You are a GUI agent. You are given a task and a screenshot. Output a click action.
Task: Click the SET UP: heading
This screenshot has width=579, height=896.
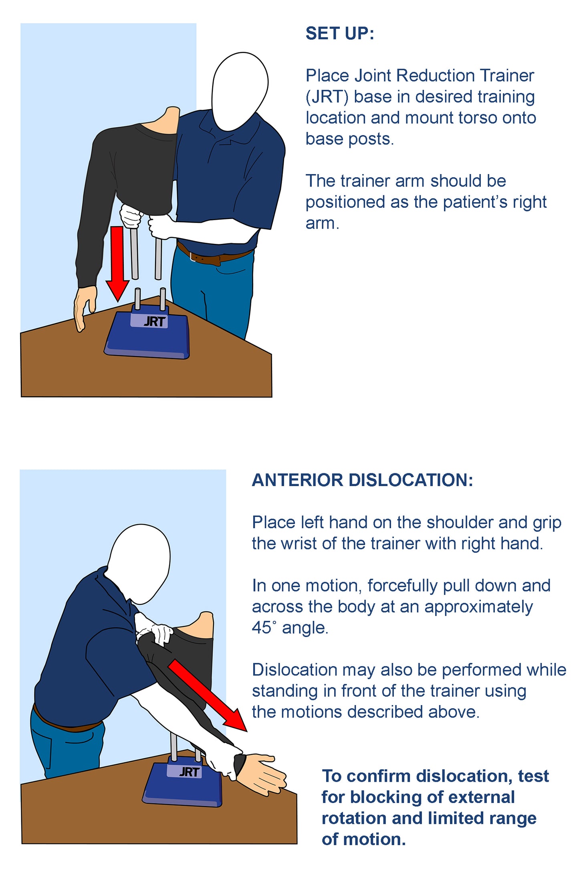pos(340,34)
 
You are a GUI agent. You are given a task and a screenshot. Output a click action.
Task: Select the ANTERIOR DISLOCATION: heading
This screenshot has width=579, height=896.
pos(363,480)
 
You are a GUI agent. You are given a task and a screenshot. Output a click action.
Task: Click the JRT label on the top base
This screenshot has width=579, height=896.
pos(155,321)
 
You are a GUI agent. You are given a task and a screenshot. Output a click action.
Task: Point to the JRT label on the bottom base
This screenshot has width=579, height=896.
pos(189,771)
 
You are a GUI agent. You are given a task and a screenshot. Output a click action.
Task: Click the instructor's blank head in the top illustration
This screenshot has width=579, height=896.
pos(240,91)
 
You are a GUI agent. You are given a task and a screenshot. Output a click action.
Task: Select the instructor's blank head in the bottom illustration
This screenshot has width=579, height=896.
pos(139,564)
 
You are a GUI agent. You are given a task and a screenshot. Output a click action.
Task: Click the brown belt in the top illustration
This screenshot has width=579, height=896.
pos(214,255)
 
